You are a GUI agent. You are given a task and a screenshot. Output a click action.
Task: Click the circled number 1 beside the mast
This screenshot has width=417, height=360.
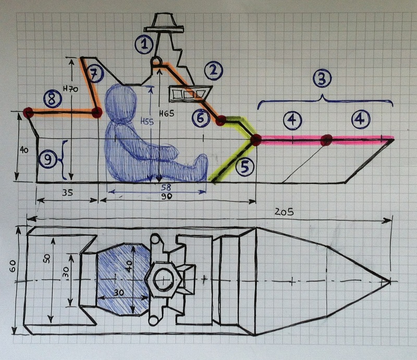click(x=144, y=44)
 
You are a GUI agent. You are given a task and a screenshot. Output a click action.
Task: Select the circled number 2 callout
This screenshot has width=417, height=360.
click(x=213, y=71)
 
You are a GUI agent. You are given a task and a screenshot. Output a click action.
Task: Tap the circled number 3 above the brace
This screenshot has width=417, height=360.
click(x=322, y=79)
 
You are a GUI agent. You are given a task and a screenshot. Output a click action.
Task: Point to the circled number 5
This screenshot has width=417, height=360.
click(x=244, y=166)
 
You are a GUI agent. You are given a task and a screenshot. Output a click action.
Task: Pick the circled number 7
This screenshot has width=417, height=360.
click(x=94, y=74)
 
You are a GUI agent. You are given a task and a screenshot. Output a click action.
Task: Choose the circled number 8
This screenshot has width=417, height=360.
click(x=53, y=99)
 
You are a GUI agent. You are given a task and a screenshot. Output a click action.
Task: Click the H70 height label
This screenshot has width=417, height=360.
click(x=70, y=89)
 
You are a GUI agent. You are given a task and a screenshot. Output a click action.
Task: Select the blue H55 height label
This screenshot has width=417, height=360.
click(x=147, y=122)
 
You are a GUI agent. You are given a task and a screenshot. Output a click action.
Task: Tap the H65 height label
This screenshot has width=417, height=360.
click(x=167, y=113)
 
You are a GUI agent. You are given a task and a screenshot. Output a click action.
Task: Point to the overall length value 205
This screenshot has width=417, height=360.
click(x=284, y=212)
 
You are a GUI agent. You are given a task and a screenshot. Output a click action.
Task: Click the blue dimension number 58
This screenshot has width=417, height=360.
click(x=166, y=187)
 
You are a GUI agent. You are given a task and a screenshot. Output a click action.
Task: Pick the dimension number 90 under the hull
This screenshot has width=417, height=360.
click(x=166, y=197)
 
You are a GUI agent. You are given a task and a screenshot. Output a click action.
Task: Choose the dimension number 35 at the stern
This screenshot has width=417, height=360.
click(x=67, y=192)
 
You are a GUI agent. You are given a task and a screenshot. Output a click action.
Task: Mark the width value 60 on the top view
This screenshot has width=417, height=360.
click(x=13, y=266)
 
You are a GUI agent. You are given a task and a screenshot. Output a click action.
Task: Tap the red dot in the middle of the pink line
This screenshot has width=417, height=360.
click(x=326, y=139)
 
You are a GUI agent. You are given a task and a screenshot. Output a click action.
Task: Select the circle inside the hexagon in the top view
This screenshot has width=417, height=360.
click(x=163, y=279)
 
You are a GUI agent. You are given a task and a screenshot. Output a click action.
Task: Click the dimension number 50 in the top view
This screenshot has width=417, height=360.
click(x=47, y=258)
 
